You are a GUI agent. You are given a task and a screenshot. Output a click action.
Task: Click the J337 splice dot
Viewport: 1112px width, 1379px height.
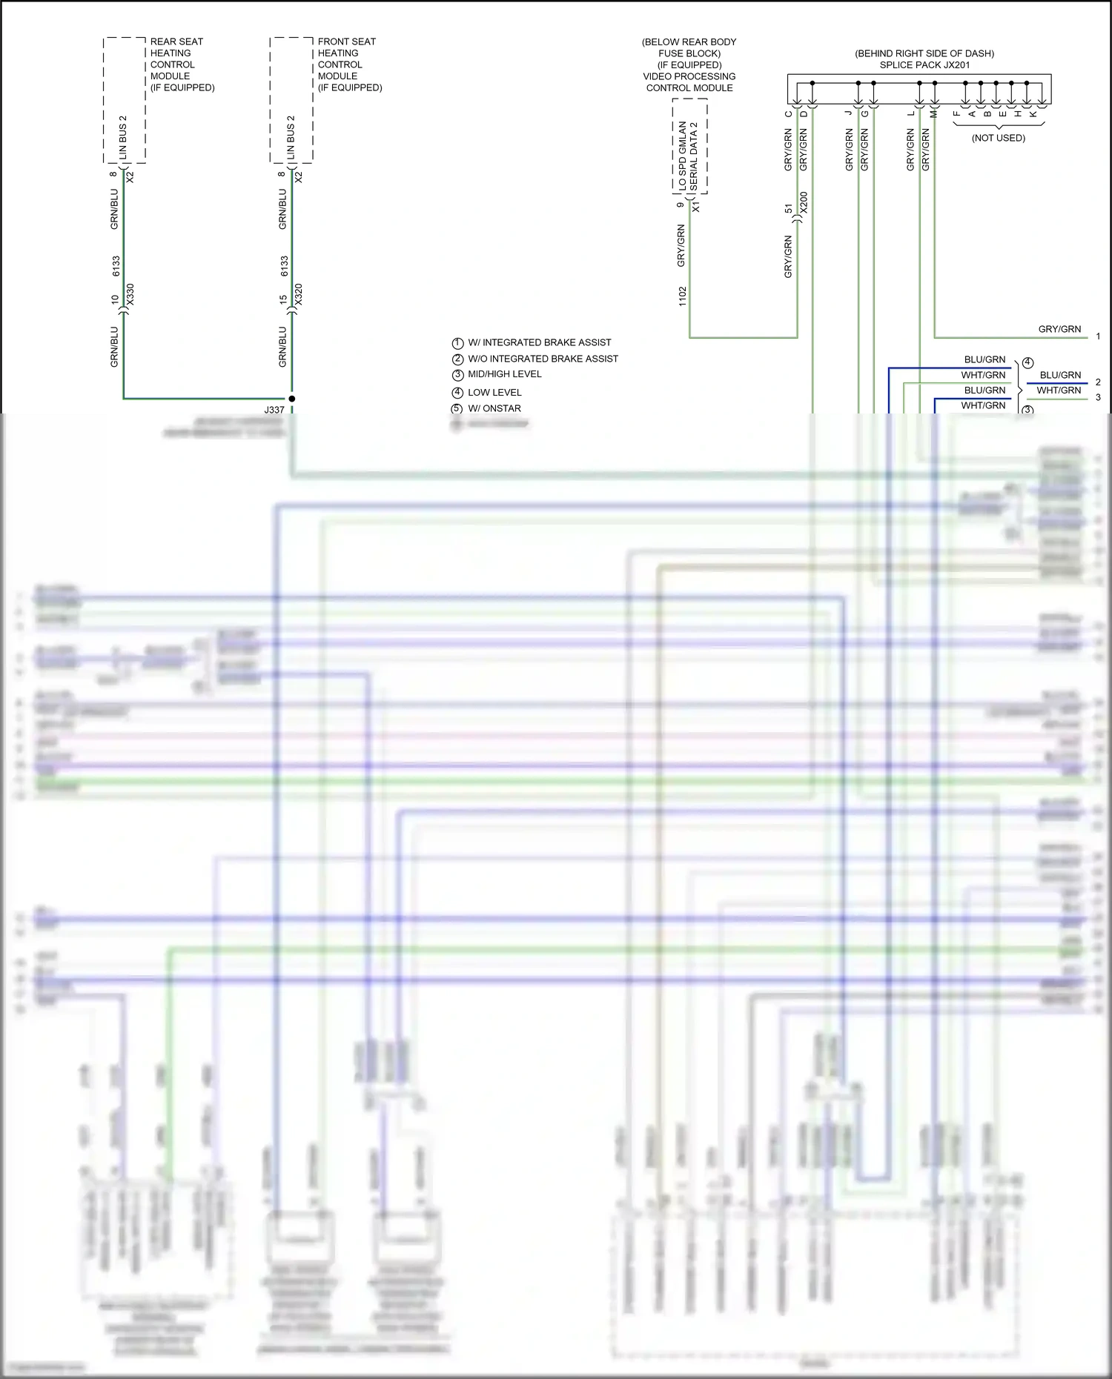click(291, 399)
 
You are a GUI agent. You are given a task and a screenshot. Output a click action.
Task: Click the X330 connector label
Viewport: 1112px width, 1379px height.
click(130, 295)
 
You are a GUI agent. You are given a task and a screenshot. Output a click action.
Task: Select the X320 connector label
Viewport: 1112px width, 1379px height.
click(299, 295)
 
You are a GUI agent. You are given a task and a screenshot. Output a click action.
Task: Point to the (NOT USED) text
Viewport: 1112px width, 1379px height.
click(998, 138)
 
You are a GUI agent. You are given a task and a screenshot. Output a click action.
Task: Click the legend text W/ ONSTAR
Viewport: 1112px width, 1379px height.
click(494, 408)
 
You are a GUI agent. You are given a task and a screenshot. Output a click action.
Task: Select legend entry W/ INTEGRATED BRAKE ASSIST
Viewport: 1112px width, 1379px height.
click(539, 342)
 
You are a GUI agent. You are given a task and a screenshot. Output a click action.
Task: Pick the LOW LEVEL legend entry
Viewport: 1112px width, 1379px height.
click(494, 393)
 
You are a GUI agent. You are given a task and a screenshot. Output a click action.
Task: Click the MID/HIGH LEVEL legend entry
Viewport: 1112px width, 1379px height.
click(504, 374)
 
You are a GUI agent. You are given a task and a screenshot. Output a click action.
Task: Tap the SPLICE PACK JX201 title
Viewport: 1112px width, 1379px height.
click(924, 65)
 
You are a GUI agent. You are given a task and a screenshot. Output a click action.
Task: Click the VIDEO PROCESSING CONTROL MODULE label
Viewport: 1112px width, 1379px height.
click(689, 82)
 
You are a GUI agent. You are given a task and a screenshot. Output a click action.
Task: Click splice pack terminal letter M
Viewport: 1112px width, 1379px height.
click(934, 113)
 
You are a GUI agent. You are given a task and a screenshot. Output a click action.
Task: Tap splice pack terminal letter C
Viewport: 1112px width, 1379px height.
click(789, 113)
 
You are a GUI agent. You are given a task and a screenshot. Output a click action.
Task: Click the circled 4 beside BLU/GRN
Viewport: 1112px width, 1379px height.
click(1027, 363)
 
